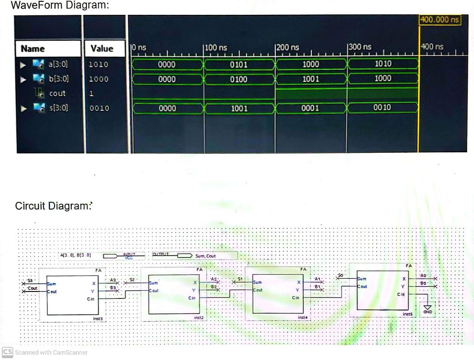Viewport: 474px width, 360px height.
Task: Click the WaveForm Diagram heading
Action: click(x=59, y=6)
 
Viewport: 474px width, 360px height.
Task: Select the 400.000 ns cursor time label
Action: click(x=440, y=19)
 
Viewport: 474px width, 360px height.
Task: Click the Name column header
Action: click(x=33, y=49)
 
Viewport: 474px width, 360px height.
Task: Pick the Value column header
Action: click(x=102, y=49)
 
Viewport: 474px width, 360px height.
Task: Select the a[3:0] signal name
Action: click(x=58, y=64)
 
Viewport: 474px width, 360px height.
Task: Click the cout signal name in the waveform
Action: click(x=57, y=93)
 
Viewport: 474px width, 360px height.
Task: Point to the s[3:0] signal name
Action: click(x=58, y=108)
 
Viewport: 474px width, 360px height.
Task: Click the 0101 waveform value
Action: click(x=239, y=64)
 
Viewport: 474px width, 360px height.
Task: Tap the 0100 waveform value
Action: click(x=239, y=79)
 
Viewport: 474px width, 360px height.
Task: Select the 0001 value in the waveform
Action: click(x=311, y=108)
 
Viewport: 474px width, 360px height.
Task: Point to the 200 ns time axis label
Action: click(x=288, y=47)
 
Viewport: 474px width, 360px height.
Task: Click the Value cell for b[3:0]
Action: click(x=98, y=79)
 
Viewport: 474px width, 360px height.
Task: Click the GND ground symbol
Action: click(x=427, y=308)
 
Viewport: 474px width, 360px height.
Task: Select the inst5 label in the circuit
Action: click(x=407, y=314)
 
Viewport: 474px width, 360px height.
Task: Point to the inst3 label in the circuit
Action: click(x=98, y=318)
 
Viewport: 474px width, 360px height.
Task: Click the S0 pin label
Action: click(x=342, y=275)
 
